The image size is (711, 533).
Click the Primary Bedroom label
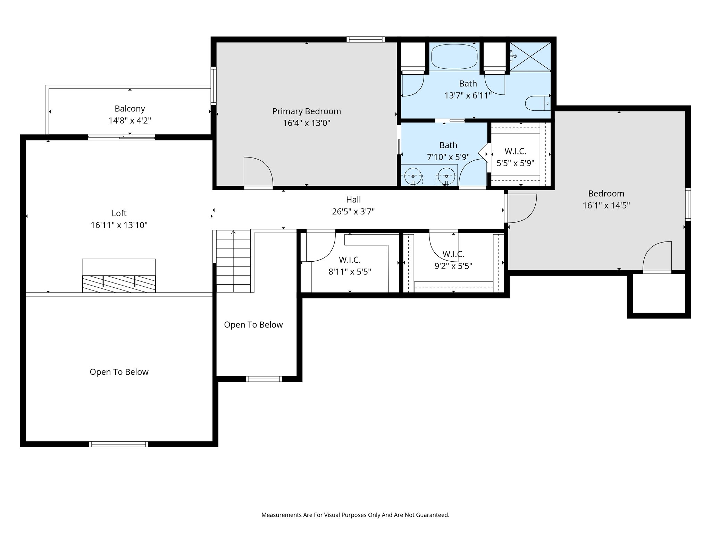(x=306, y=111)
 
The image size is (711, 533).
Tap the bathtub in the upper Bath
(x=454, y=57)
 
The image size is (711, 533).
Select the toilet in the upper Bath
(x=536, y=103)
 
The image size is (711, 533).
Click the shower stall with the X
(x=530, y=57)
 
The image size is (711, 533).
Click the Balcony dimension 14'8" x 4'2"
(x=130, y=121)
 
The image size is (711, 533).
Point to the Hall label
(x=353, y=200)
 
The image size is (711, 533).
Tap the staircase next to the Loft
(x=233, y=261)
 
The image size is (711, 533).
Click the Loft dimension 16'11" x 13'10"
(x=119, y=225)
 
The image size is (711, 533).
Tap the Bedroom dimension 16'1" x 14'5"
(x=606, y=205)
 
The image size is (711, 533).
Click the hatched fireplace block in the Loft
(x=119, y=284)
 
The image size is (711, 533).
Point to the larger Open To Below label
(x=119, y=372)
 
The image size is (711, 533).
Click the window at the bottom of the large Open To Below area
(x=119, y=444)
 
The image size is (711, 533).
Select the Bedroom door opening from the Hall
(x=521, y=208)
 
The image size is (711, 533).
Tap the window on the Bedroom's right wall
(x=688, y=204)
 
